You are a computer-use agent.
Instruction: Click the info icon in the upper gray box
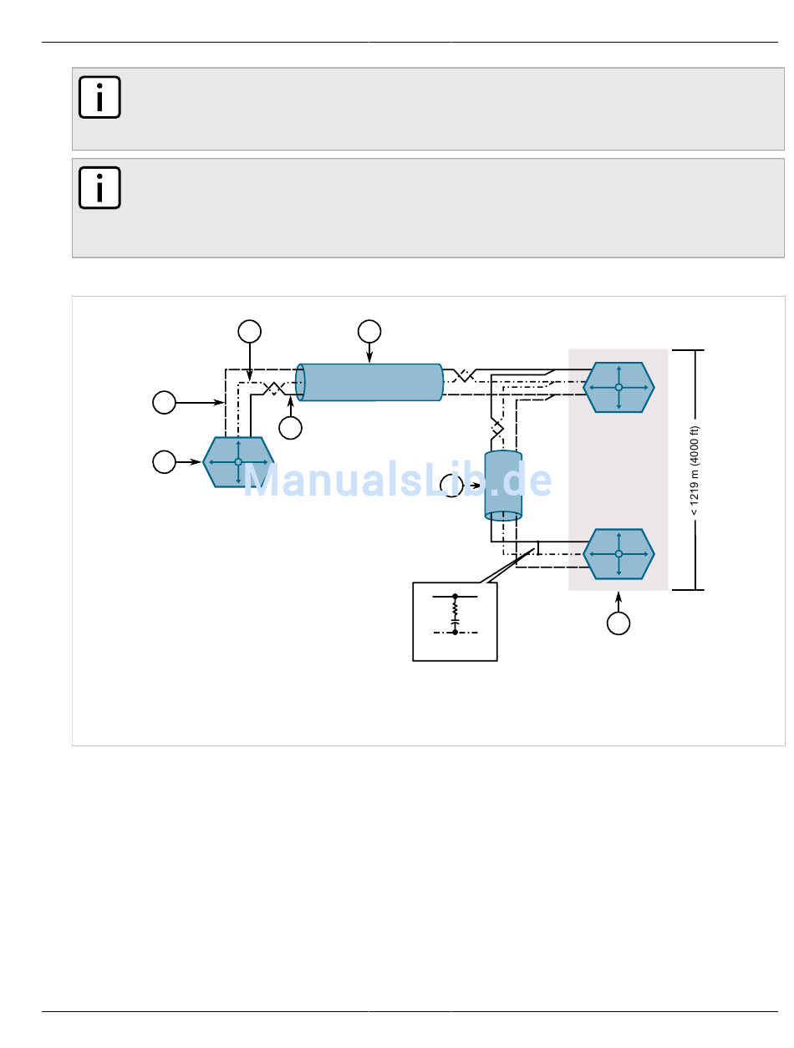[99, 96]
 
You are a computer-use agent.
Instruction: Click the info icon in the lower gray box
[99, 187]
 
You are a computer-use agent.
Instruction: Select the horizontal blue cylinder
[369, 382]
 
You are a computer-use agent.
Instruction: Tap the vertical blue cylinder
[503, 485]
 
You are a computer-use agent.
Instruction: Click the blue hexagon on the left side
[237, 461]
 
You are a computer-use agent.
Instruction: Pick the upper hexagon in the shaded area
[618, 387]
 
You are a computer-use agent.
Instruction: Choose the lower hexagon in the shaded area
[618, 553]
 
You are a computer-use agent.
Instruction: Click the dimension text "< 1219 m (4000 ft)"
[694, 471]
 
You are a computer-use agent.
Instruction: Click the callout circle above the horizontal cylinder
[369, 331]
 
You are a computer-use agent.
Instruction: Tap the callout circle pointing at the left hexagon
[164, 461]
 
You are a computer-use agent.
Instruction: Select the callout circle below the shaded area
[618, 623]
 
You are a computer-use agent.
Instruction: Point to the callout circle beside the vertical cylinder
[451, 485]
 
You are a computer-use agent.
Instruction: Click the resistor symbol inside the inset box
[455, 608]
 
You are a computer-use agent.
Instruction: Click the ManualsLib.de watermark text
[397, 480]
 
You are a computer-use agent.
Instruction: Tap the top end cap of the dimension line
[688, 350]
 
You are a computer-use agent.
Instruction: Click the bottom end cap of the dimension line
[688, 590]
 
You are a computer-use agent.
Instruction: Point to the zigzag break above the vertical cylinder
[497, 430]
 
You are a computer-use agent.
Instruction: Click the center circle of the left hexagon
[237, 461]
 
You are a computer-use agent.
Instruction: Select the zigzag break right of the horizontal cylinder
[464, 375]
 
